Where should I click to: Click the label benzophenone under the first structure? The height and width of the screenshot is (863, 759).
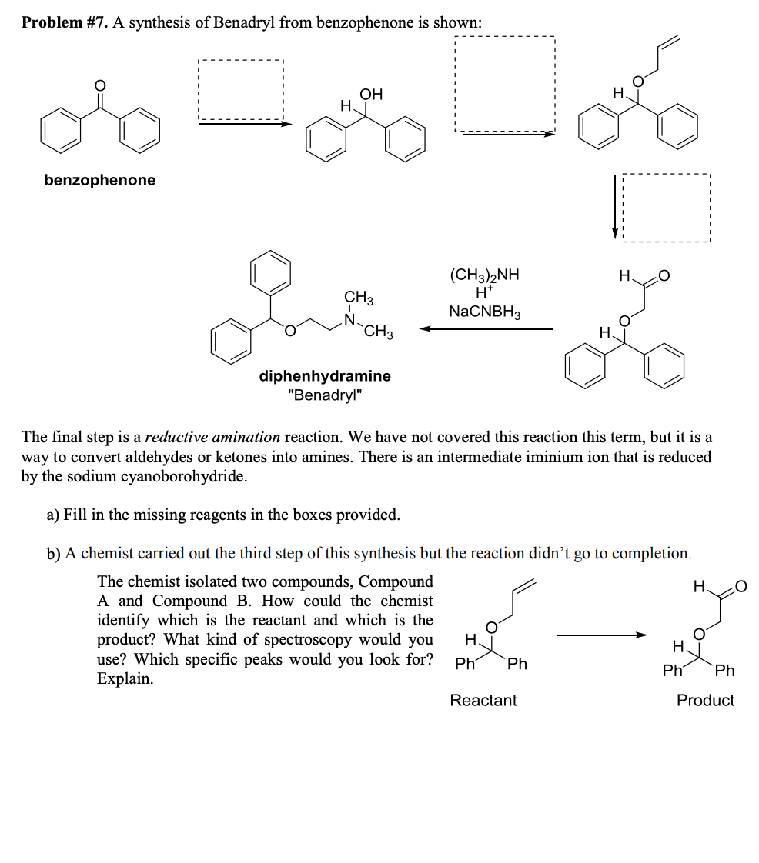pyautogui.click(x=99, y=180)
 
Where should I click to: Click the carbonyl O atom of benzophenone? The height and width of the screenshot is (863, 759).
pyautogui.click(x=99, y=85)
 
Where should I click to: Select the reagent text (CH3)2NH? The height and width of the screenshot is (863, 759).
pyautogui.click(x=484, y=275)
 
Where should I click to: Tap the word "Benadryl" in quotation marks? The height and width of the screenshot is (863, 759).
pyautogui.click(x=324, y=395)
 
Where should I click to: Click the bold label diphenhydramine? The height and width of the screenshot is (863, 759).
pyautogui.click(x=324, y=376)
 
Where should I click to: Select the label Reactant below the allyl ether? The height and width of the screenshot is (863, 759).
pyautogui.click(x=483, y=700)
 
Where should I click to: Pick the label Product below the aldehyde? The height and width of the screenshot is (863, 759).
pyautogui.click(x=705, y=700)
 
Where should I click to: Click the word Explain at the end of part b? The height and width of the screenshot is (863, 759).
pyautogui.click(x=125, y=679)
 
